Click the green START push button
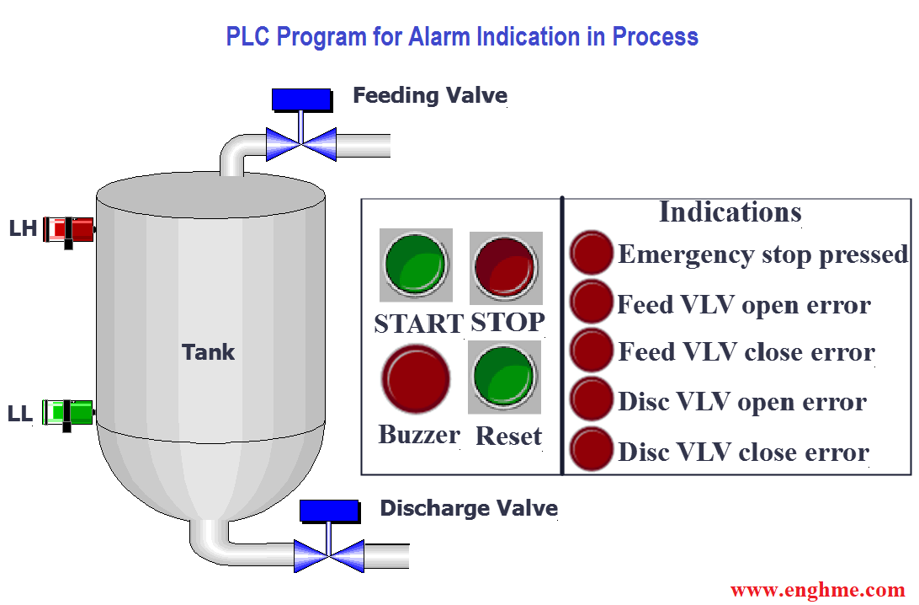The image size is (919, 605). pos(415,265)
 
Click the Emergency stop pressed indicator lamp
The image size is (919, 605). pos(592,253)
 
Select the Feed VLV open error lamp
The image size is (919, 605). pos(592,302)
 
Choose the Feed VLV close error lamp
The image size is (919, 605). pos(592,351)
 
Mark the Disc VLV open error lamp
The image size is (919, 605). pos(592,399)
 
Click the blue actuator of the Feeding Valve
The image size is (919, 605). pos(301,99)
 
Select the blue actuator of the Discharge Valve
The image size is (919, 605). pos(329,511)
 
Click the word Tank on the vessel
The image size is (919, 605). pos(208,351)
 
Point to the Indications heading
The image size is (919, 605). pos(730,211)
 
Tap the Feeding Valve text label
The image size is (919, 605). pos(429,95)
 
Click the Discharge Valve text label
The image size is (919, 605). pos(469,508)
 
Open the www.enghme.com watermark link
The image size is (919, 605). pos(817,590)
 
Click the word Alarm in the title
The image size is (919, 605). pos(439,37)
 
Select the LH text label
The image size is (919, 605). pos(23,228)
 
